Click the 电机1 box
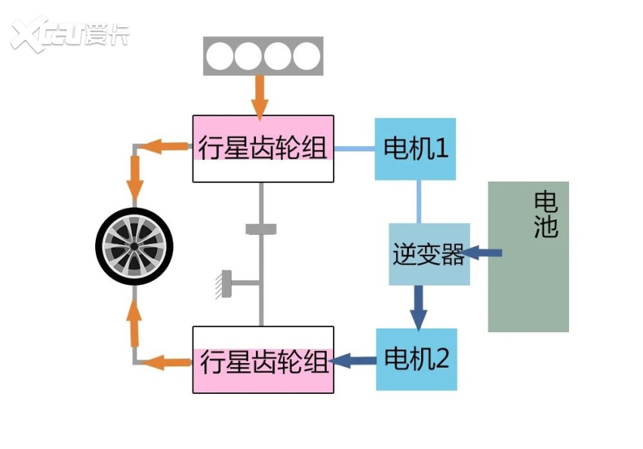point(415,148)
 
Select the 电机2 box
point(417,359)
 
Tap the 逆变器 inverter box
point(429,254)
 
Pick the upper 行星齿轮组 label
point(263,148)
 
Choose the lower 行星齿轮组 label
point(263,362)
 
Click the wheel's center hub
point(134,246)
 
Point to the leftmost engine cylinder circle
point(220,56)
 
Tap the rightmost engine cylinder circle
point(306,56)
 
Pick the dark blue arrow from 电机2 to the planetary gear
point(355,361)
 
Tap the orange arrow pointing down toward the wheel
point(135,181)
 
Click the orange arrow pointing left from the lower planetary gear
point(168,362)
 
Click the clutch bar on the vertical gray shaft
point(261,229)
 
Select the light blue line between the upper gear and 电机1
point(355,148)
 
